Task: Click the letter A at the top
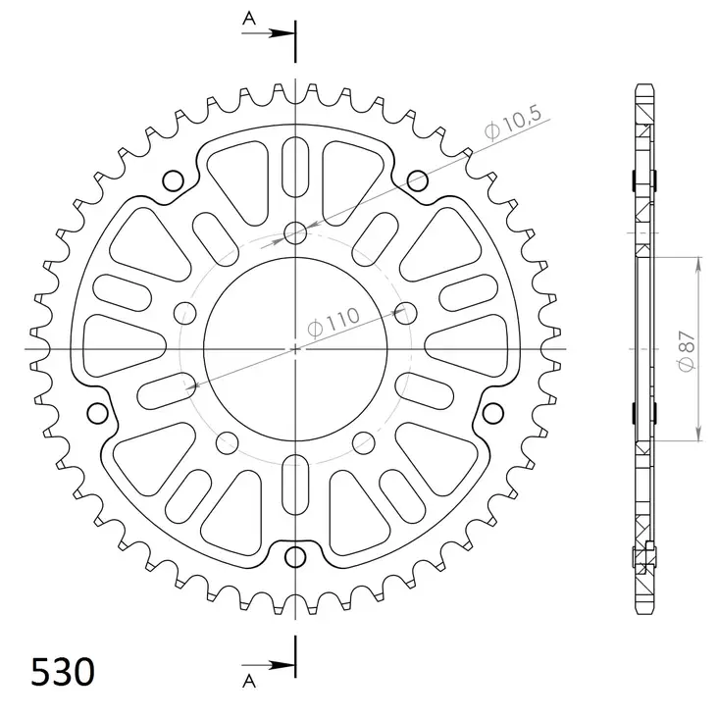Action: click(x=249, y=17)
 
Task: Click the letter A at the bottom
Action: click(x=249, y=679)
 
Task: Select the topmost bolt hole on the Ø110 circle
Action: click(x=295, y=232)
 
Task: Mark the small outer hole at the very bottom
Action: click(x=295, y=558)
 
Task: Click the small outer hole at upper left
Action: click(x=174, y=179)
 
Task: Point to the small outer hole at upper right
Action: click(x=417, y=179)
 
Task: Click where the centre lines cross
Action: click(x=295, y=348)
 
